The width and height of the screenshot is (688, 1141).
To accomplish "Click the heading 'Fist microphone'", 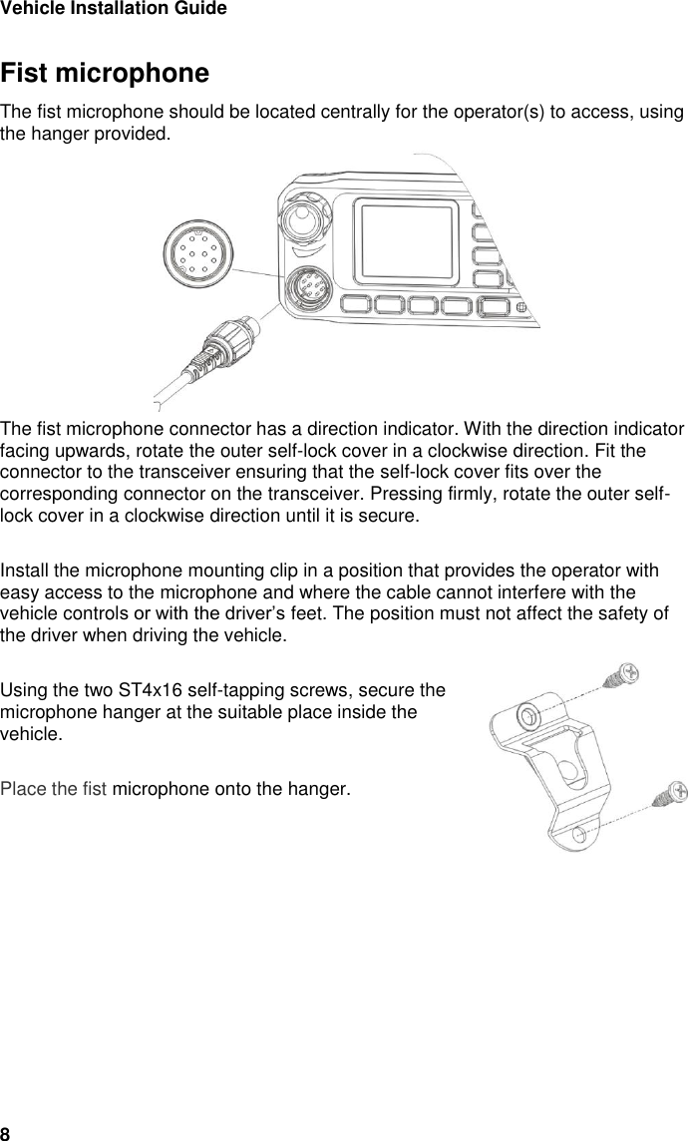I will point(105,75).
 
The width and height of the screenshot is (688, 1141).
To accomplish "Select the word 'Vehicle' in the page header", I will point(29,9).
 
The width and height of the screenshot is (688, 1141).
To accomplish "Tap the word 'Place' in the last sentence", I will point(21,791).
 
